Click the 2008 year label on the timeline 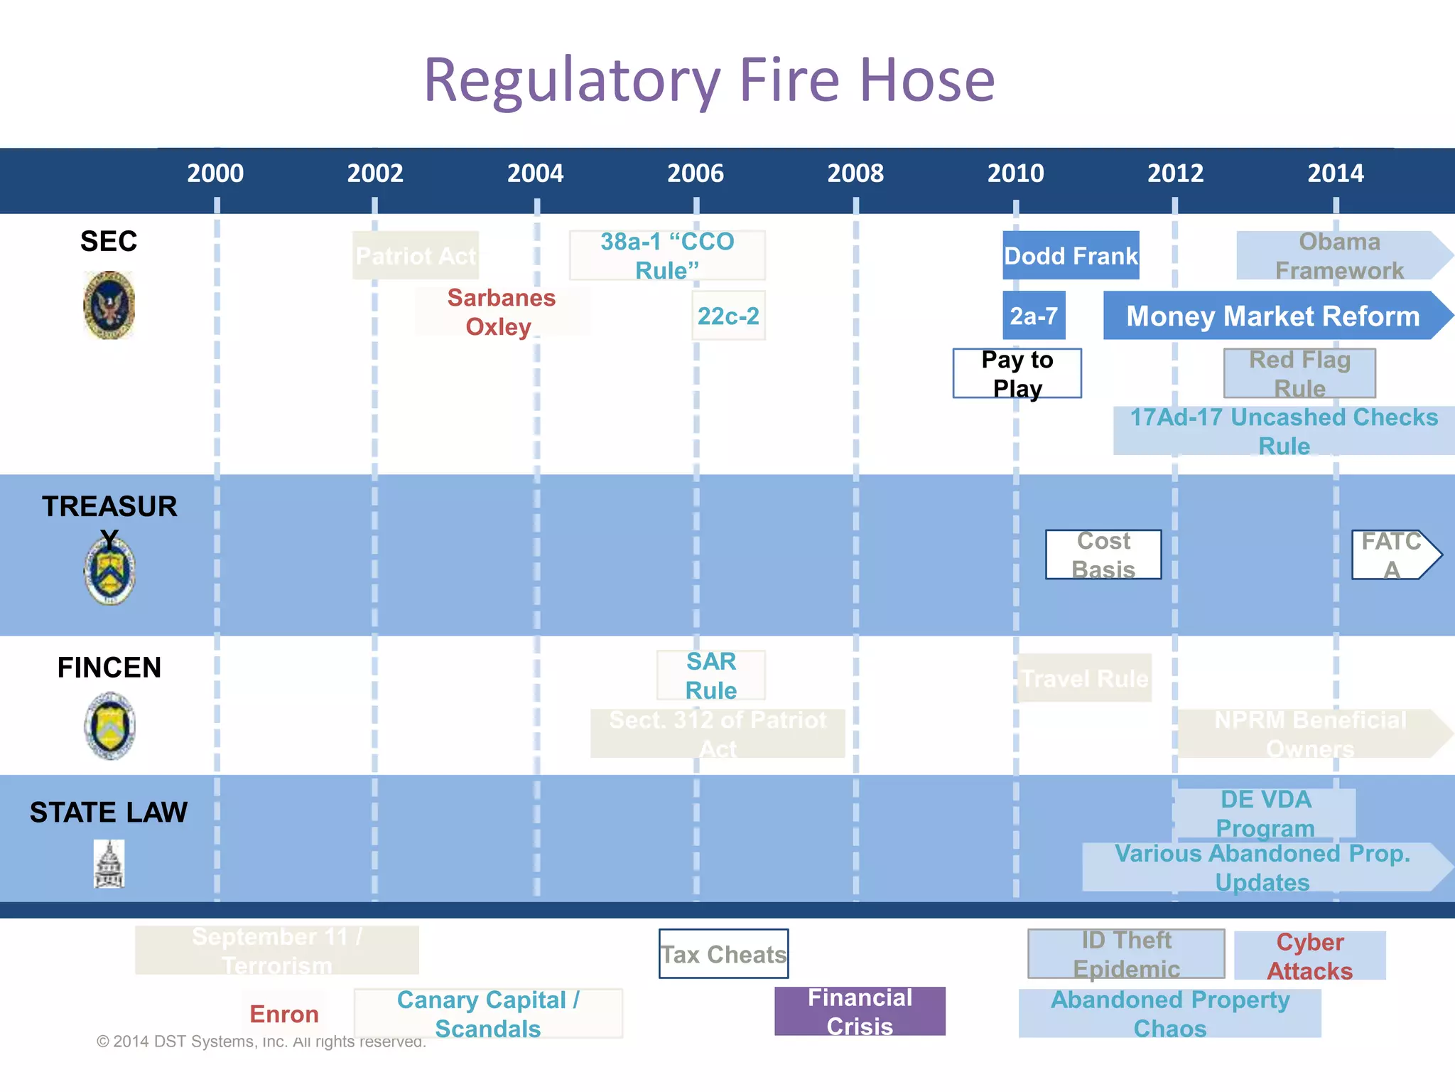click(x=855, y=173)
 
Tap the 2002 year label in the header click(x=375, y=173)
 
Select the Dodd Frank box click(x=1071, y=255)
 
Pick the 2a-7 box click(x=1034, y=316)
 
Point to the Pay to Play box click(x=1017, y=373)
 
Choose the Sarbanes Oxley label click(x=501, y=312)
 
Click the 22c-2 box click(x=728, y=316)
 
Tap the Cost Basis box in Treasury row click(x=1103, y=555)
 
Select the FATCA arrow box click(x=1392, y=555)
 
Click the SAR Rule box click(x=711, y=675)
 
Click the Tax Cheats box click(x=723, y=954)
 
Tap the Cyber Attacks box click(x=1310, y=955)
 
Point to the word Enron click(x=284, y=1014)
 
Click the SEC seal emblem click(x=109, y=306)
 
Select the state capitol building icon click(x=109, y=864)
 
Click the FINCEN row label click(x=109, y=668)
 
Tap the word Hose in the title click(x=927, y=80)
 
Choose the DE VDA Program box click(x=1265, y=813)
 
